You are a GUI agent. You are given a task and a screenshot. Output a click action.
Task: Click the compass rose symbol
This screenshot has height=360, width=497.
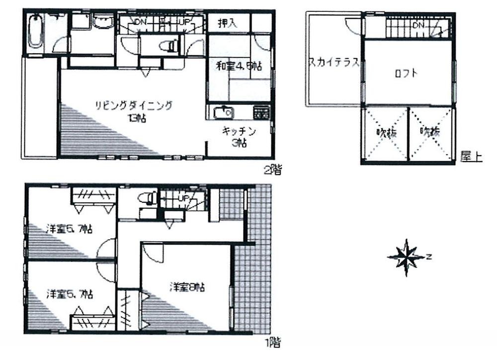click(407, 257)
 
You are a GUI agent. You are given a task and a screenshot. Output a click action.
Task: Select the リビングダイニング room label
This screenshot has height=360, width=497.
click(134, 105)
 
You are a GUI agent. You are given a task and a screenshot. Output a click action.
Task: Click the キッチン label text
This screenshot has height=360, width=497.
click(239, 132)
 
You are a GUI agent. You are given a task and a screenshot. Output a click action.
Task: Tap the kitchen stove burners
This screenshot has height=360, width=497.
click(261, 113)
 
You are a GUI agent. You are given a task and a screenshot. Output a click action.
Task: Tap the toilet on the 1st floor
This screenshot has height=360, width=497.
click(145, 198)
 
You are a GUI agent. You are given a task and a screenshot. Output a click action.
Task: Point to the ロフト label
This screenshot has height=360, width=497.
click(406, 74)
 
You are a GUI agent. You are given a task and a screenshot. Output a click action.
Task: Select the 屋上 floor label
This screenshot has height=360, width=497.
click(471, 157)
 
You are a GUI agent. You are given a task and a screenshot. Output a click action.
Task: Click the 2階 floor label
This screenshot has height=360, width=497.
click(272, 171)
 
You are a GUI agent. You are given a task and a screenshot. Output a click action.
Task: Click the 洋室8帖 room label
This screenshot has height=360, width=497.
click(187, 287)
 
